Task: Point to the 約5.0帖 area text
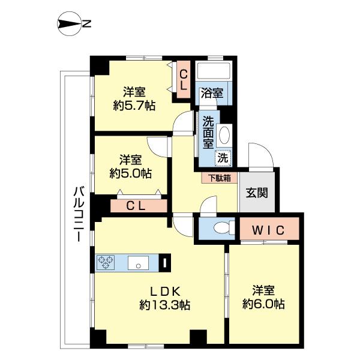pyautogui.click(x=130, y=173)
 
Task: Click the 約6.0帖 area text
pyautogui.click(x=263, y=304)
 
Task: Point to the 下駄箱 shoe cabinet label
pyautogui.click(x=218, y=178)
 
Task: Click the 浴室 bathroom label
pyautogui.click(x=212, y=94)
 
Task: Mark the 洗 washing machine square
pyautogui.click(x=223, y=158)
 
